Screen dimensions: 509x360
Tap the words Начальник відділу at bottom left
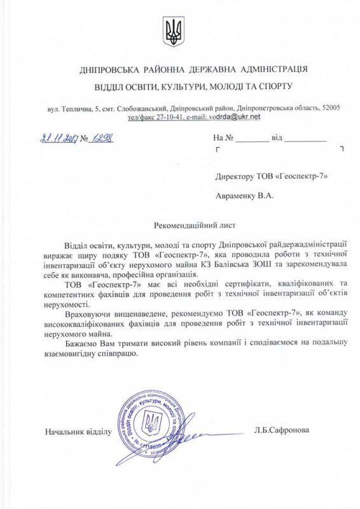pos(78,432)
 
